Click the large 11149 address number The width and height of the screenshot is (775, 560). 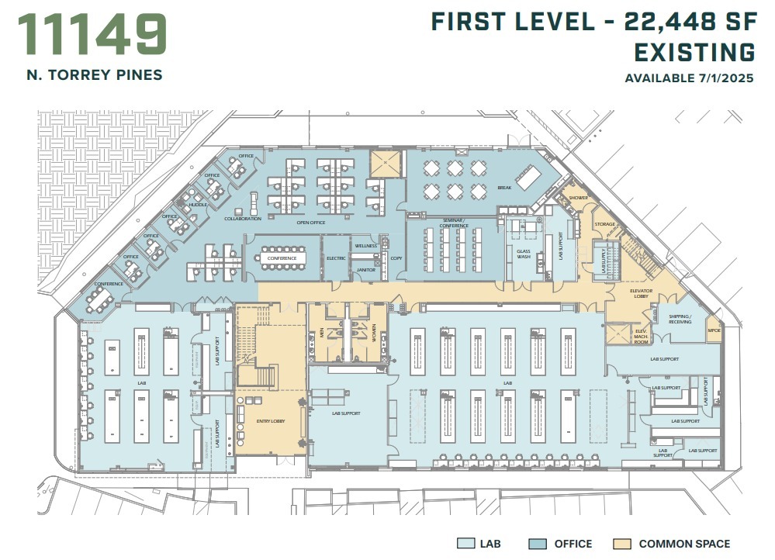pos(92,34)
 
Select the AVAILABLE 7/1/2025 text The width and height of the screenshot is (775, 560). pos(690,78)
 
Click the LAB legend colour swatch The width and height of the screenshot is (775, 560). pos(465,544)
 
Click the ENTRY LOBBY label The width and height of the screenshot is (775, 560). pos(271,420)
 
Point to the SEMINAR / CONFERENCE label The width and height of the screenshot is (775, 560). pos(454,223)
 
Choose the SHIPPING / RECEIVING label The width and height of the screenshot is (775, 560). pos(680,319)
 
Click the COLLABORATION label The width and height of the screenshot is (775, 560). pos(243,219)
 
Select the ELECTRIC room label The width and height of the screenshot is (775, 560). pos(336,258)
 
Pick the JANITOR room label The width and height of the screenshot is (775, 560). pos(365,270)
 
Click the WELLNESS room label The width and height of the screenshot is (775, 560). pos(365,246)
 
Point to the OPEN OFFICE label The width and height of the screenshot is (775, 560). pos(310,223)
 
